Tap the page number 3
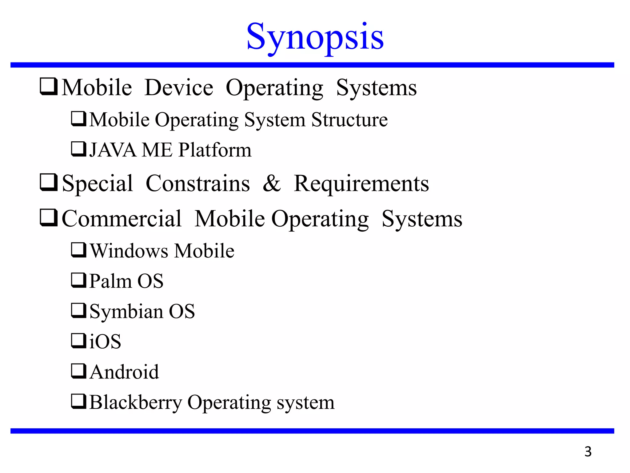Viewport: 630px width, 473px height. [x=588, y=451]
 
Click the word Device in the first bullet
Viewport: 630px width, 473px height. [x=179, y=88]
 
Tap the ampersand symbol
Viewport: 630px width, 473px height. [x=272, y=184]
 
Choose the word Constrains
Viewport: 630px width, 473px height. [x=198, y=184]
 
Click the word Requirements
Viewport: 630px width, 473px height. [x=361, y=184]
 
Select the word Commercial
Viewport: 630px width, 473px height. [x=122, y=219]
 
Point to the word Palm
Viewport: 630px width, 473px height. [x=110, y=281]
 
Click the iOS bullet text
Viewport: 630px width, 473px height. [x=105, y=341]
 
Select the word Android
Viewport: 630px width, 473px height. [x=125, y=372]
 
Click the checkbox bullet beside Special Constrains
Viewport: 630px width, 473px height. [x=49, y=182]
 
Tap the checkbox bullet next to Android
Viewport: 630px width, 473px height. [x=78, y=371]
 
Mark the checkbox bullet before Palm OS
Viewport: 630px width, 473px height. [x=78, y=280]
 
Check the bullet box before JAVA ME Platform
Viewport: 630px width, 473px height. [x=78, y=149]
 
